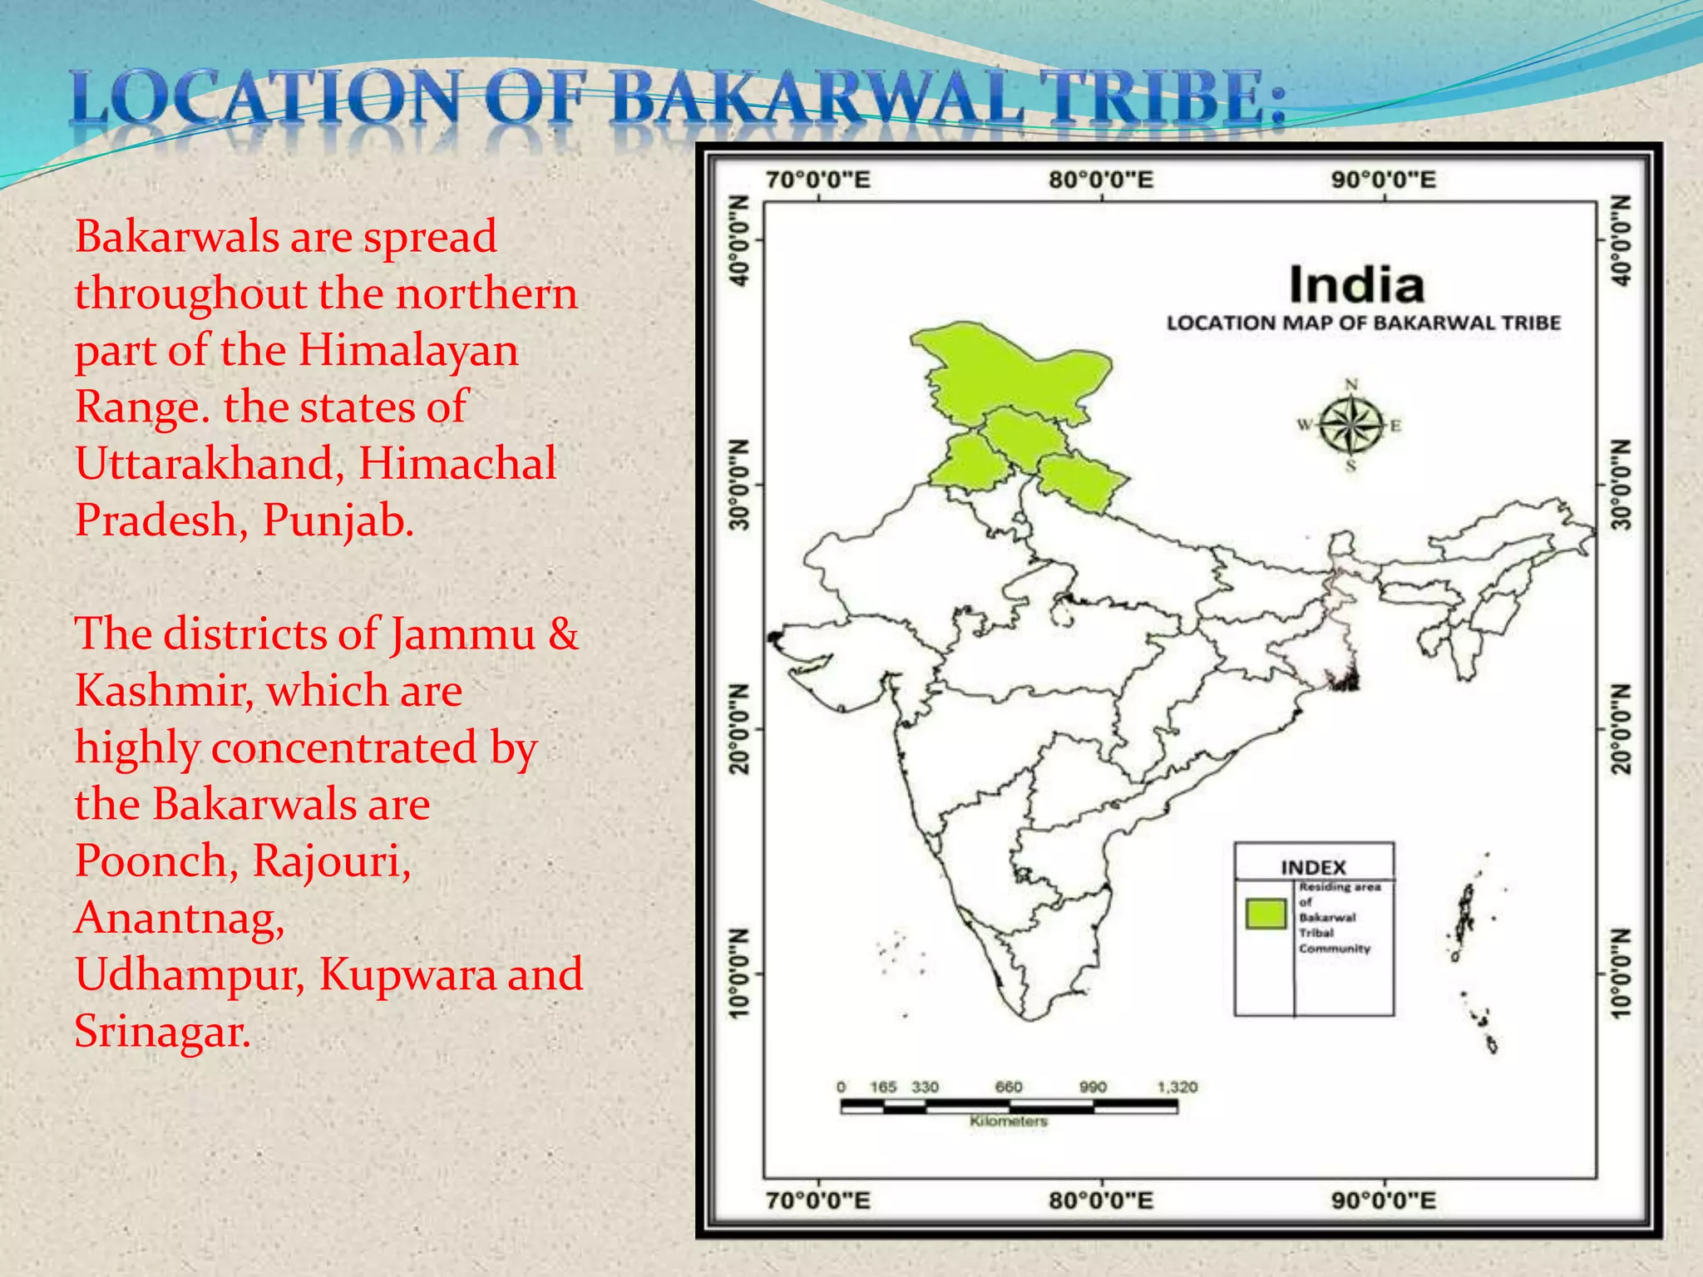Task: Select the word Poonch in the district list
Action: tap(150, 861)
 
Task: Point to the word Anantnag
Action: tap(180, 918)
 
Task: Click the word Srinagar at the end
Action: tap(162, 1032)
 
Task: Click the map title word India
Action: tap(1356, 285)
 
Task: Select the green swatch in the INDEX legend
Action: tap(1266, 913)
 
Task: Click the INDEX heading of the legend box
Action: tap(1313, 867)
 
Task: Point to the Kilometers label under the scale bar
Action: tap(1008, 1122)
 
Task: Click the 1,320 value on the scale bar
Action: tap(1177, 1087)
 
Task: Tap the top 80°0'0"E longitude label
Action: tap(1100, 180)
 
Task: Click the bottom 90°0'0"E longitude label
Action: tap(1384, 1201)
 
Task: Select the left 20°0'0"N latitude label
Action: tap(739, 728)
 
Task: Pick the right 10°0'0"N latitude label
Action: tap(1622, 973)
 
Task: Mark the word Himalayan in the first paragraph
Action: tap(408, 350)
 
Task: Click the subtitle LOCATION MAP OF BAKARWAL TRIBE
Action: tap(1363, 323)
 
